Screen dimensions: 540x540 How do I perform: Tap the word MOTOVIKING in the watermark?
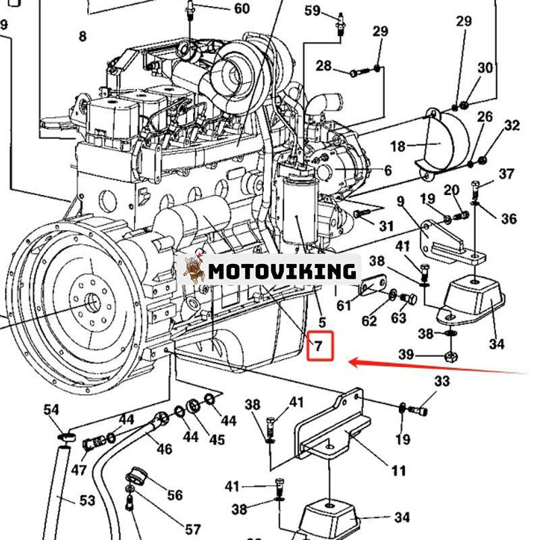[281, 271]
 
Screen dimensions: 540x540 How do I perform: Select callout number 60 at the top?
[241, 8]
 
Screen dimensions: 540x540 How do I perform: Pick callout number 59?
[313, 10]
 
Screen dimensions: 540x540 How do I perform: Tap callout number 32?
[512, 125]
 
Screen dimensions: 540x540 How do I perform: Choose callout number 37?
[506, 174]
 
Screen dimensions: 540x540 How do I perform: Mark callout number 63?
[399, 318]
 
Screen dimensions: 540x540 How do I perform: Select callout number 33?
[441, 381]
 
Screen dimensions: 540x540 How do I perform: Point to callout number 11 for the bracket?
[399, 470]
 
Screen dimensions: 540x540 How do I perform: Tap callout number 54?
[51, 410]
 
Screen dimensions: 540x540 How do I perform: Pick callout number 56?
[174, 495]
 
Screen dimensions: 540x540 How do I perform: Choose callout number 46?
[164, 448]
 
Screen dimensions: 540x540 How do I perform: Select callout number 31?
[385, 225]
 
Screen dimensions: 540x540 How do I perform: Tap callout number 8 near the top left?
[82, 36]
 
